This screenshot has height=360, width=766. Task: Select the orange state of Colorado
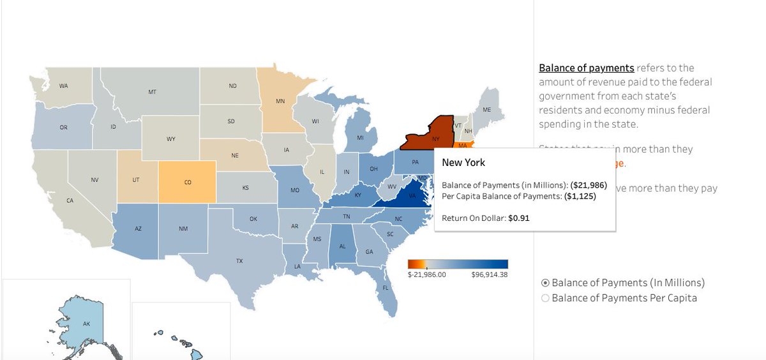[187, 182]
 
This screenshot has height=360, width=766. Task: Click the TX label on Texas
[239, 260]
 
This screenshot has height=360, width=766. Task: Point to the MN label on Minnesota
[280, 101]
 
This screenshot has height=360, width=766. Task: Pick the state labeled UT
[135, 180]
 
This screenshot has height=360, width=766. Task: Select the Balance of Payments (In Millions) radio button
[545, 283]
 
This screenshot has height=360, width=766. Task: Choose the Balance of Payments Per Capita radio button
[545, 298]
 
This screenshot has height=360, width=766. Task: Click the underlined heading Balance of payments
[586, 68]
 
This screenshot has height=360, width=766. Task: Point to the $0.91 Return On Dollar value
[518, 218]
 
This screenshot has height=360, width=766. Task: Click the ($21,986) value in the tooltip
[589, 184]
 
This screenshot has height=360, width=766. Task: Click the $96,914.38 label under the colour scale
[489, 274]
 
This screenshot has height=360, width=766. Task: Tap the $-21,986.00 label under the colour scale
[426, 274]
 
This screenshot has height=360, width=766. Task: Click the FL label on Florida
[385, 288]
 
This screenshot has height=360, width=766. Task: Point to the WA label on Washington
[63, 86]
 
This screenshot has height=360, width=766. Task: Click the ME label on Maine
[487, 110]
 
